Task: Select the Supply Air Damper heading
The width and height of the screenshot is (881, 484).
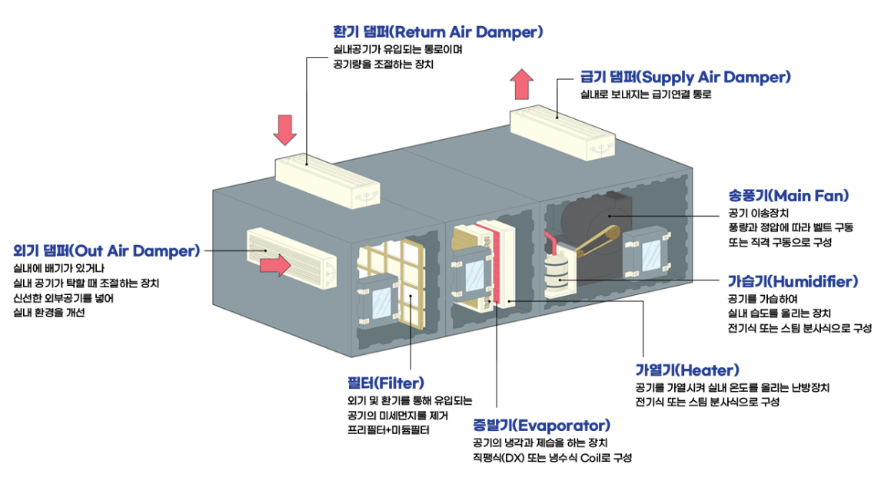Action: pos(685,77)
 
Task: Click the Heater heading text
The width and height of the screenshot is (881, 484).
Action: pos(687,370)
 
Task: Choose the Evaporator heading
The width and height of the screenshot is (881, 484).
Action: pos(542,425)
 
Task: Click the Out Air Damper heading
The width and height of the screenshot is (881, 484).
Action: pos(107,250)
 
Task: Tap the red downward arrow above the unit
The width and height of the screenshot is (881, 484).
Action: pos(285,130)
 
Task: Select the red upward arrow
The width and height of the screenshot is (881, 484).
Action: pos(524,84)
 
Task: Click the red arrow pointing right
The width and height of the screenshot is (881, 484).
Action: pos(275,266)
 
